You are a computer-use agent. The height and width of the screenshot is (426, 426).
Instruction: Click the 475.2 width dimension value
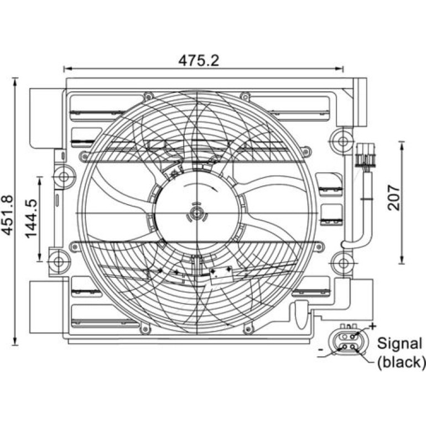pyautogui.click(x=199, y=60)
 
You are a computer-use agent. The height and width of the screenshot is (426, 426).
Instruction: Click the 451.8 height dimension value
pyautogui.click(x=7, y=215)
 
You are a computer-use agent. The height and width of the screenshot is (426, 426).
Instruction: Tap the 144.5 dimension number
pyautogui.click(x=31, y=219)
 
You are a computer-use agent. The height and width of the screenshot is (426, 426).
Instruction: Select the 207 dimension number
pyautogui.click(x=394, y=198)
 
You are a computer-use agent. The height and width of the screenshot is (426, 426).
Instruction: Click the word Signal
pyautogui.click(x=399, y=343)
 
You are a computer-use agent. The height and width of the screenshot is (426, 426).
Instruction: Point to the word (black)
pyautogui.click(x=401, y=362)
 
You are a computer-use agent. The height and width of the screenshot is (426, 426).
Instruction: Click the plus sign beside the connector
pyautogui.click(x=372, y=326)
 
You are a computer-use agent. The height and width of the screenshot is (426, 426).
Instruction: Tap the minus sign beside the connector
pyautogui.click(x=320, y=350)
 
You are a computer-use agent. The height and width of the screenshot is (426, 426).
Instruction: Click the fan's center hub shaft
pyautogui.click(x=196, y=213)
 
